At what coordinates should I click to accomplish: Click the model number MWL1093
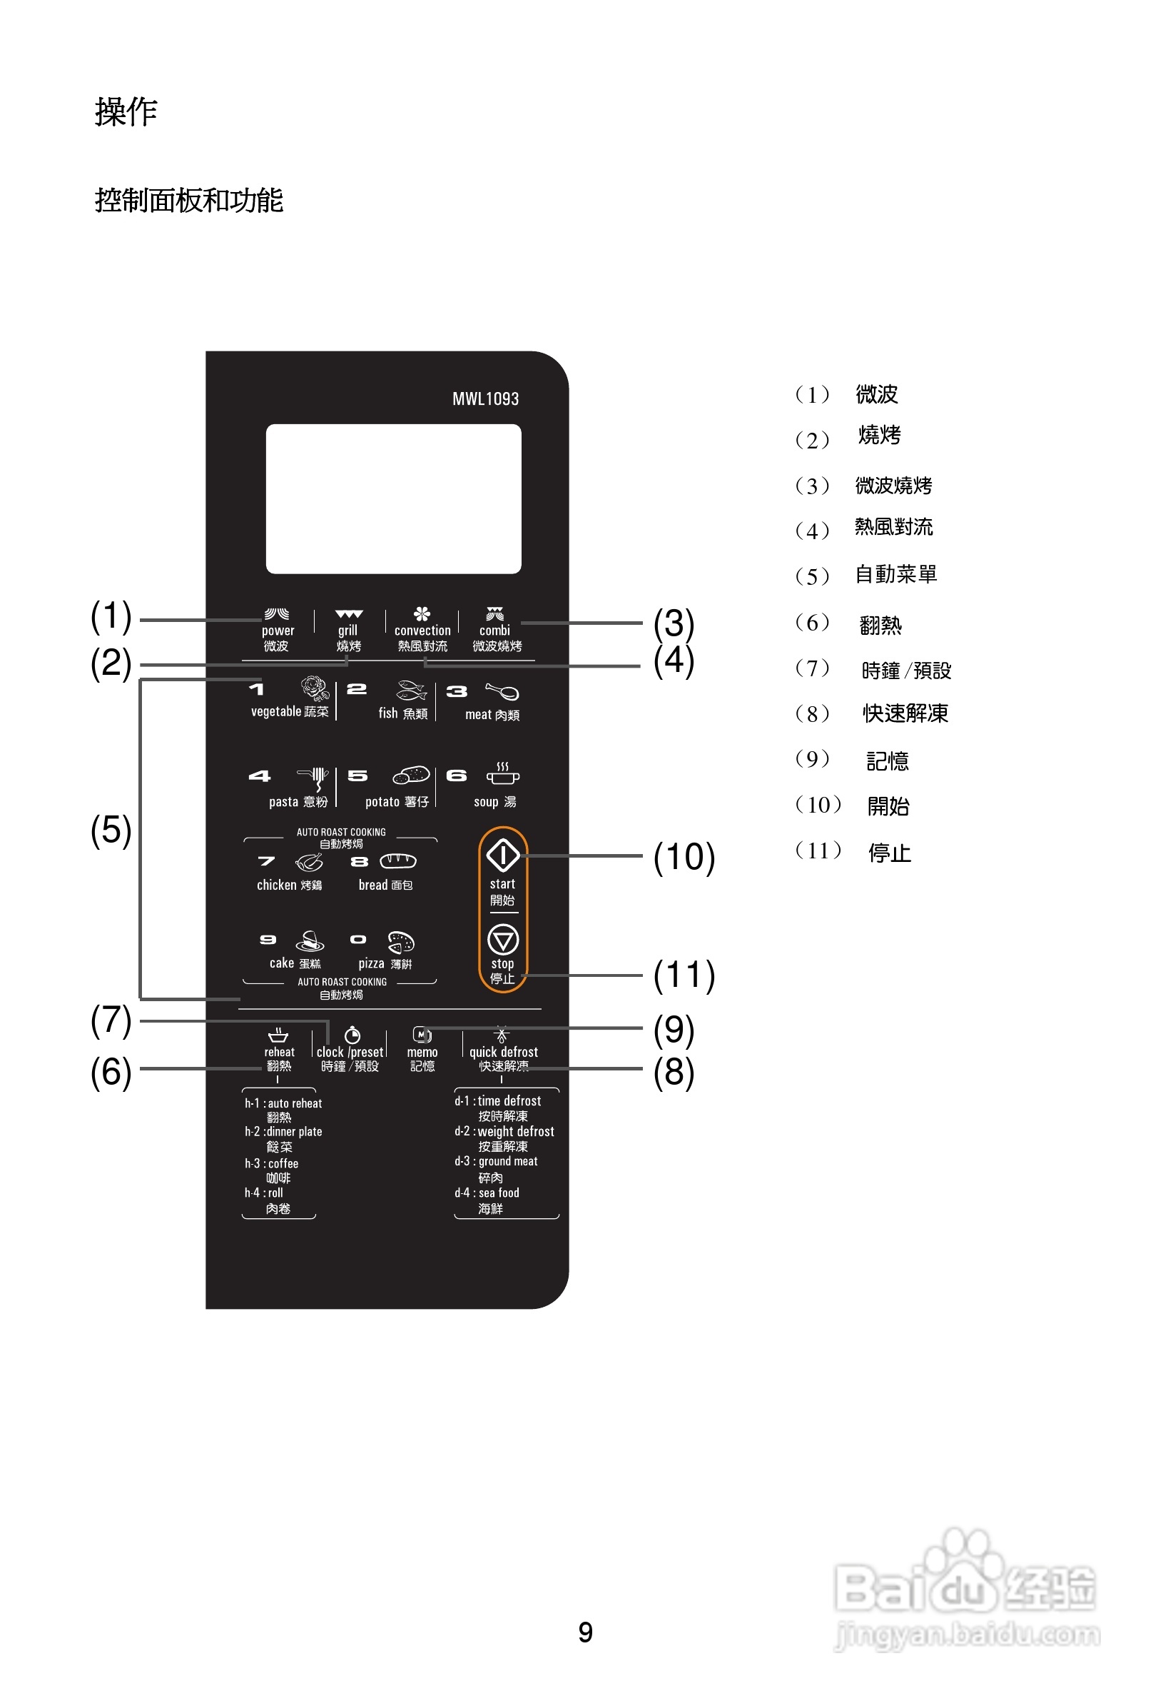485,398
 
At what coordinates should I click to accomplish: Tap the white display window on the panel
393,498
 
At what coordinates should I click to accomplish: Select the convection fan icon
422,614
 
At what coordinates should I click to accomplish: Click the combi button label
494,631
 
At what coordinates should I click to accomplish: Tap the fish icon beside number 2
411,691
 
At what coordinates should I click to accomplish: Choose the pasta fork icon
314,778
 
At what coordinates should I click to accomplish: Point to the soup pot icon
503,774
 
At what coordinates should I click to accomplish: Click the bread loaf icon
397,860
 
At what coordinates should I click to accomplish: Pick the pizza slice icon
400,941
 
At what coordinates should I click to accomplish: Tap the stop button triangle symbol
503,940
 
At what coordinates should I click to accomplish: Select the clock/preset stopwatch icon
352,1035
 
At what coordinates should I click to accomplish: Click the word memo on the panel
422,1053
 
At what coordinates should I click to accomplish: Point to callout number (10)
684,858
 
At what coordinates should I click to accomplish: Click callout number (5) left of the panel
111,831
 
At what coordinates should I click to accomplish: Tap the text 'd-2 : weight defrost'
504,1132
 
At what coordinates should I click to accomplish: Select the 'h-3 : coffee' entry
271,1163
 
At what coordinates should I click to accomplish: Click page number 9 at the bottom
585,1632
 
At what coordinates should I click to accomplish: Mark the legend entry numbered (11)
853,853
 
